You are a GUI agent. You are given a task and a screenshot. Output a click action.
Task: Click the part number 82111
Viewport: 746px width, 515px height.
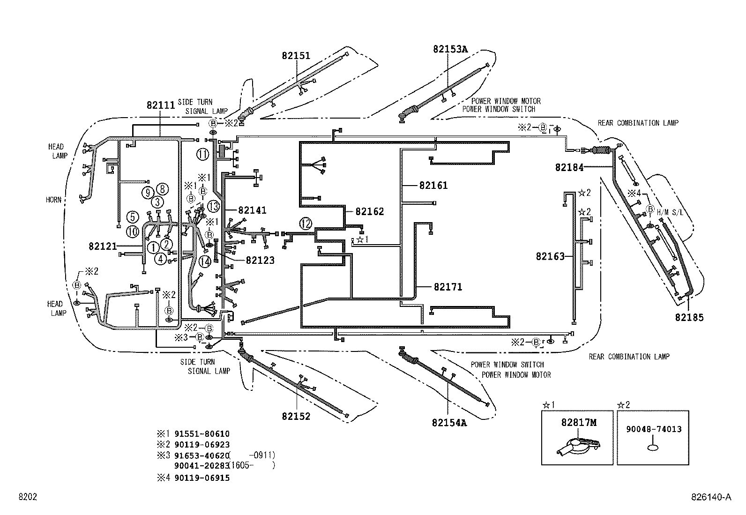tap(161, 105)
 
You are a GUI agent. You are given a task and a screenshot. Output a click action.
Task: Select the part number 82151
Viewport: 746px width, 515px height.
tap(296, 55)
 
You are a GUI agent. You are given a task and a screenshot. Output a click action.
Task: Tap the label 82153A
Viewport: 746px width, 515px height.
tap(450, 49)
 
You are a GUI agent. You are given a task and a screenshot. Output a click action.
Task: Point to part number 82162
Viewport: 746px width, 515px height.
tap(370, 211)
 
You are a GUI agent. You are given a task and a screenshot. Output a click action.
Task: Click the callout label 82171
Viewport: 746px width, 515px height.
tap(448, 287)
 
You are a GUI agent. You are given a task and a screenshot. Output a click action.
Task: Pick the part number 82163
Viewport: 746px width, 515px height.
tap(551, 256)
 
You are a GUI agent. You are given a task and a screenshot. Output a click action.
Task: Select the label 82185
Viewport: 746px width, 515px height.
tap(689, 317)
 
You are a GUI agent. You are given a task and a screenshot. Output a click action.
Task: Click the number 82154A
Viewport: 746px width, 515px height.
tap(449, 423)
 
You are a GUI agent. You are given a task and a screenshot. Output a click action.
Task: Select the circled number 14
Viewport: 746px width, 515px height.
tap(205, 262)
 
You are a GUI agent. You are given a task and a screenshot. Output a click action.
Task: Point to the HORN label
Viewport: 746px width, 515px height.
tap(53, 200)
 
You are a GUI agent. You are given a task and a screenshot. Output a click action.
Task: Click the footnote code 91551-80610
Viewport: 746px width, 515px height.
tap(201, 434)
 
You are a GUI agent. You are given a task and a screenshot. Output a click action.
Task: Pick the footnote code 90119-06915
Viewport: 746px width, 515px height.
tap(201, 478)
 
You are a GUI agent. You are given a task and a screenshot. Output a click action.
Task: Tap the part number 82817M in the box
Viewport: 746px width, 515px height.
tap(579, 423)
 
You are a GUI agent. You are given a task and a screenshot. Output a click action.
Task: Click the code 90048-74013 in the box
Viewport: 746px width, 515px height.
tap(653, 429)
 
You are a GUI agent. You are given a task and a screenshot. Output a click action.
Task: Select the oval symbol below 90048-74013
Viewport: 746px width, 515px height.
tap(653, 448)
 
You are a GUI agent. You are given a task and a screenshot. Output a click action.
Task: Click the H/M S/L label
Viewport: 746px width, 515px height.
tap(670, 212)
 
